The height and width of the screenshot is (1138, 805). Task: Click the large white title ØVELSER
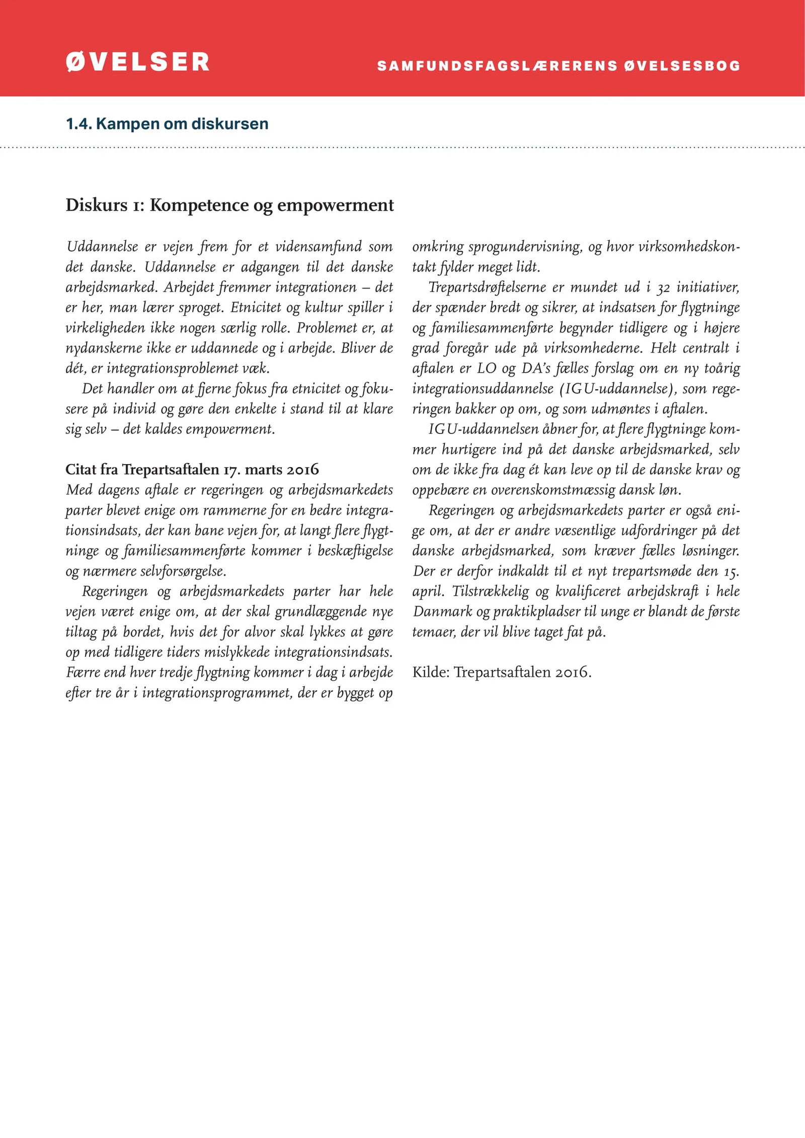point(137,62)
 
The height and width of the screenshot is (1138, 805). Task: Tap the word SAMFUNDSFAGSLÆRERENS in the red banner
point(497,66)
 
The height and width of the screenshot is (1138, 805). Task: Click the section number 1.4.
point(78,124)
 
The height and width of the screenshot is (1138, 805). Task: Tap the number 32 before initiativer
point(663,288)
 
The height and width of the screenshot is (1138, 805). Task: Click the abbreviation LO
point(487,368)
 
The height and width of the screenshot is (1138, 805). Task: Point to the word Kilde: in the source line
point(431,672)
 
